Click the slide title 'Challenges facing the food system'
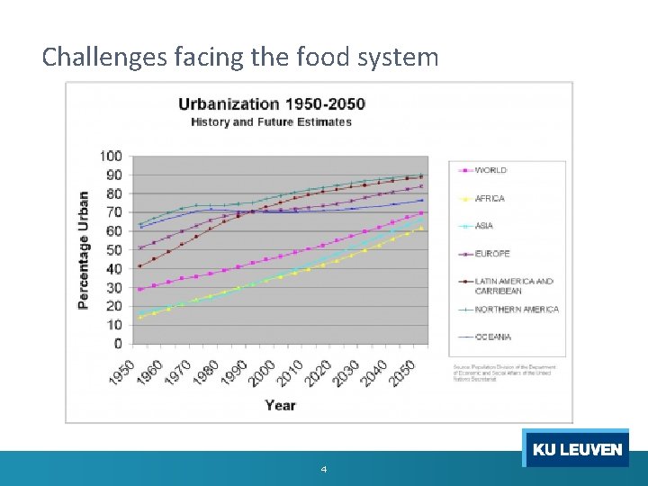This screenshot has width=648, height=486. pos(240,58)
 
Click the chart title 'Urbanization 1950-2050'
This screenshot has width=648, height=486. pos(271,103)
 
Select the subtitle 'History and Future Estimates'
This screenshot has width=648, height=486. pos(271,122)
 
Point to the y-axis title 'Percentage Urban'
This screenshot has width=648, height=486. pos(84,250)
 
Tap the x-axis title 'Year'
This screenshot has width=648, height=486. pos(280,405)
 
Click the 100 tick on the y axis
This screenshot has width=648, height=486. pos(111,156)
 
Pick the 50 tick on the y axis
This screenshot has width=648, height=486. pos(113,249)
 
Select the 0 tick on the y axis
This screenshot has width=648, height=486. pos(117,343)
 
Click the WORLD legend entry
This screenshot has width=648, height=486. pos(490,170)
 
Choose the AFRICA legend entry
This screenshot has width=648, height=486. pos(490,198)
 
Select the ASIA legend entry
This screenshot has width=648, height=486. pos(484,226)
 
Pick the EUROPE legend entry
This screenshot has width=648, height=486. pos(492,254)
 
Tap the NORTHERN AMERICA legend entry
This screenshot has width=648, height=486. pos(517,310)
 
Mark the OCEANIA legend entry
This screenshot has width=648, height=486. pos(493,337)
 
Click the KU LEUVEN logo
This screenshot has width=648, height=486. pos(576,449)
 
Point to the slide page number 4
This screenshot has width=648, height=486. pos(323,470)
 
